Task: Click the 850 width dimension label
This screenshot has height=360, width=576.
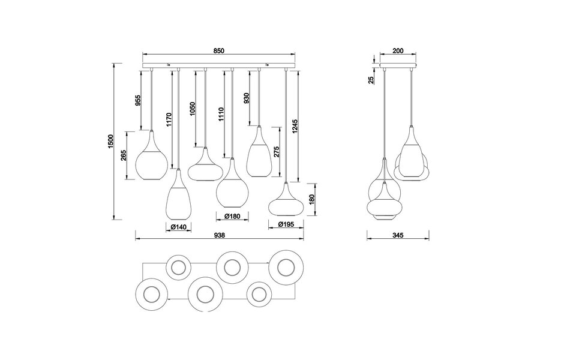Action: pos(220,51)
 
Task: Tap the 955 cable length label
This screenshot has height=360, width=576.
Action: pos(137,100)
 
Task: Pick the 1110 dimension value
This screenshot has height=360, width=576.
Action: pos(221,113)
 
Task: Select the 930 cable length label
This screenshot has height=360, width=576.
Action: pos(247,98)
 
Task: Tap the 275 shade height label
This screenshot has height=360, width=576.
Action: pos(276,152)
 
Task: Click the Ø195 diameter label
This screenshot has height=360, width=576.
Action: pos(286,225)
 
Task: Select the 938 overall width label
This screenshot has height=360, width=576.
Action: pos(220,236)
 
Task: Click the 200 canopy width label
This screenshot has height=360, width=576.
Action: pos(398,51)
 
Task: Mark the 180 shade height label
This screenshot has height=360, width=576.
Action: pos(311,199)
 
